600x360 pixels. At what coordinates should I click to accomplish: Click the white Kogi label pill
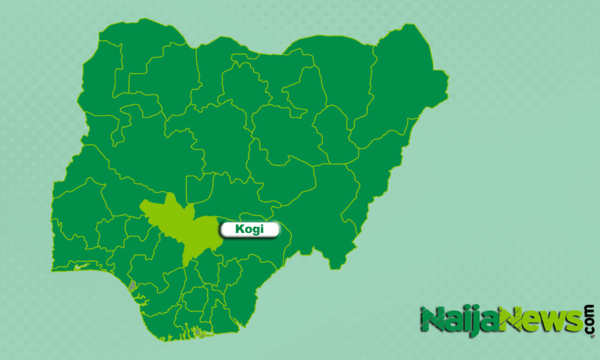[250, 230]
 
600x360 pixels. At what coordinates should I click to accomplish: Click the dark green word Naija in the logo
[459, 319]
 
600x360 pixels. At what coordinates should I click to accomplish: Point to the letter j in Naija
[476, 320]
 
